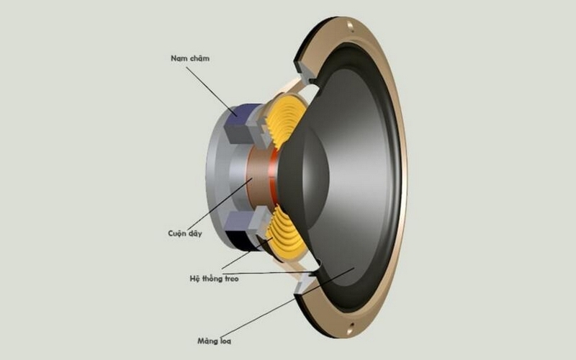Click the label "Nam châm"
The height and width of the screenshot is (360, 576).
190,58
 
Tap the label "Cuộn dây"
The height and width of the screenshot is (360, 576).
185,233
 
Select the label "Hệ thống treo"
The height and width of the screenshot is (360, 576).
214,279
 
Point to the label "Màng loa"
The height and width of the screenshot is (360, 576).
214,341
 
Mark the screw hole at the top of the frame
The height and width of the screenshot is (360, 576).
350,26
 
